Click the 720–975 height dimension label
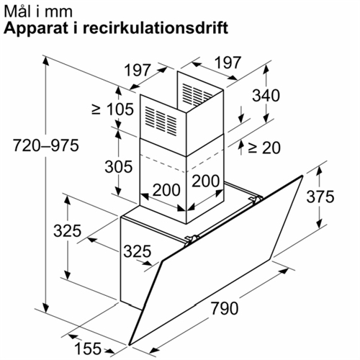point(45,145)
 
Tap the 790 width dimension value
point(225,308)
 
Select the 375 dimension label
point(320,197)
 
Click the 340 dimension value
point(266,95)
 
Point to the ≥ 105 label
point(112,109)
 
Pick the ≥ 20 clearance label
point(264,148)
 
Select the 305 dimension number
point(119,166)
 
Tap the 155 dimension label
point(88,348)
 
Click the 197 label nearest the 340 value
point(228,63)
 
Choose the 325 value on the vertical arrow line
point(68,230)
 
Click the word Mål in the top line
point(17,12)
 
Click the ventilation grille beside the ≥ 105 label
point(161,120)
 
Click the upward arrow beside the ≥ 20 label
point(241,147)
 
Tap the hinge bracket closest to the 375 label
point(256,199)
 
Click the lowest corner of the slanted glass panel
point(129,345)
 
